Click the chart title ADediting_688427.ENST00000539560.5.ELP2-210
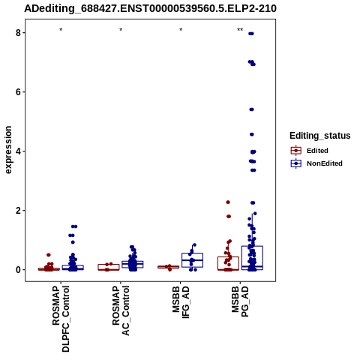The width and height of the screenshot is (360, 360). [x=150, y=8]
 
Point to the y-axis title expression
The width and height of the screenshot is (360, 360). [x=8, y=150]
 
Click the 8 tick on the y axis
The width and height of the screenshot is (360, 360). [x=18, y=33]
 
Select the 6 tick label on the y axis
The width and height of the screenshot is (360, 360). [x=18, y=92]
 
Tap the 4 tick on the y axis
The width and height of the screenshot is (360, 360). [x=18, y=151]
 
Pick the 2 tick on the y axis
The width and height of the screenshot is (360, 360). [x=18, y=211]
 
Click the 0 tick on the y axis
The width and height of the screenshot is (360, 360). [x=18, y=270]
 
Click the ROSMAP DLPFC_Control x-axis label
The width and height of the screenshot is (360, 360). [x=61, y=319]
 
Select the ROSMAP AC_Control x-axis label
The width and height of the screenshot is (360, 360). [x=121, y=310]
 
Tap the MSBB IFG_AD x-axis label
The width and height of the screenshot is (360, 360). [x=181, y=301]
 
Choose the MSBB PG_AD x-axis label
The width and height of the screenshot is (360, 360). [x=240, y=301]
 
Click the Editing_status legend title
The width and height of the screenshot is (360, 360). [x=320, y=136]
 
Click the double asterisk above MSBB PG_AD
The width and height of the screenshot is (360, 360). [x=240, y=30]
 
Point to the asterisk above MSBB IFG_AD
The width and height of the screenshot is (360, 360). [x=181, y=30]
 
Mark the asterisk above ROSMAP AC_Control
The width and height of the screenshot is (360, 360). [x=121, y=30]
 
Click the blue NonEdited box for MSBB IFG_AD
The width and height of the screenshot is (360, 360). [x=192, y=260]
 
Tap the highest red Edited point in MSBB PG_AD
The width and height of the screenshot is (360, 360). [x=228, y=202]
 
